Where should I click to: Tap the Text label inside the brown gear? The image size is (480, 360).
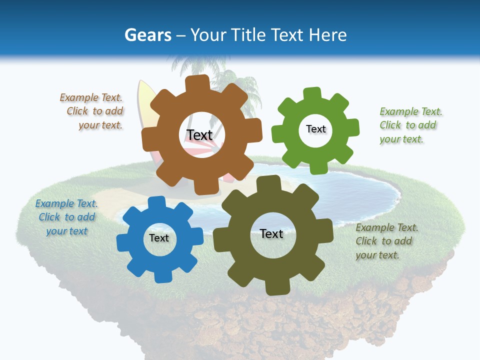(x=199, y=135)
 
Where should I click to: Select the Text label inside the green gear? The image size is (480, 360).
(x=315, y=129)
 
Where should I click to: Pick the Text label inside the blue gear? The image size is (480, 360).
(x=159, y=238)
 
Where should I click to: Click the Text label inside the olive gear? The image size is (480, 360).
(x=271, y=233)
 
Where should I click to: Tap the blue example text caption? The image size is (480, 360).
(x=66, y=217)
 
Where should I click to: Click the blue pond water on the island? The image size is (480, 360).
(x=360, y=192)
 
